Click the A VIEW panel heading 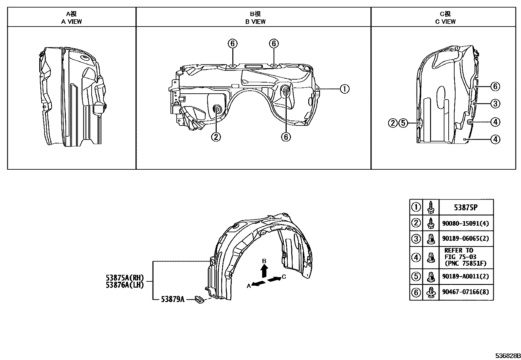[72, 18]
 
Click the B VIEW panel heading [255, 18]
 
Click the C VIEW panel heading [445, 18]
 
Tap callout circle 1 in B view [344, 89]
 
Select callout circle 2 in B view [216, 137]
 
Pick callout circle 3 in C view [495, 104]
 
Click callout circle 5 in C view [403, 123]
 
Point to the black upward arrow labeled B [264, 271]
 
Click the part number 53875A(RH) [125, 278]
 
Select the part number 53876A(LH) [125, 285]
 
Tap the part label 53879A [172, 299]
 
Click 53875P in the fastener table [465, 207]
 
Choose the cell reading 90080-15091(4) [465, 223]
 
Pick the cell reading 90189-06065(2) [465, 238]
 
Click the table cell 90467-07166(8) [465, 292]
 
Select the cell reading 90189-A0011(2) [465, 276]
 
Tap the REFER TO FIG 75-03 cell [465, 257]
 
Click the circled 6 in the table [416, 292]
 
